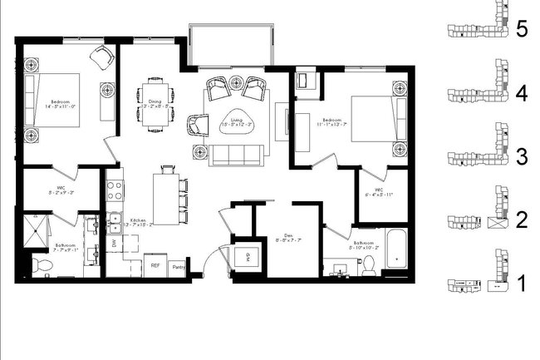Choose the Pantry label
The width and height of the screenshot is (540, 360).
click(178, 266)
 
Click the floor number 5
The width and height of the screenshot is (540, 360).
click(522, 30)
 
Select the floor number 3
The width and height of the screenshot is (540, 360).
click(522, 155)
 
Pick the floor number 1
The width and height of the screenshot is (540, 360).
click(522, 284)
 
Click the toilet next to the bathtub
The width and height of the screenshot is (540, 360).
click(367, 264)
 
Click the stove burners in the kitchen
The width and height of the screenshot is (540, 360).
click(115, 188)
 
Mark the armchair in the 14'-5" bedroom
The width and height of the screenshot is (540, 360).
click(102, 58)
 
